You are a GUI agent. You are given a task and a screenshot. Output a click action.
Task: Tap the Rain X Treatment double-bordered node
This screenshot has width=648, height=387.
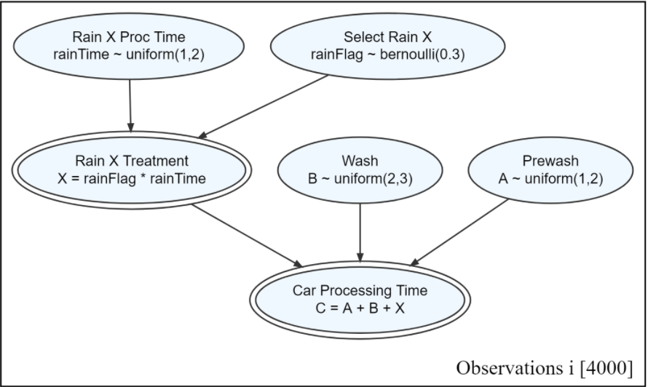pos(131,169)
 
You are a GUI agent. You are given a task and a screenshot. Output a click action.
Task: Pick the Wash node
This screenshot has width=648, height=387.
pos(360,169)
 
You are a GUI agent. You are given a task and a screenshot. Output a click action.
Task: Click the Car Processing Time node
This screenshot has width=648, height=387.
pos(360,299)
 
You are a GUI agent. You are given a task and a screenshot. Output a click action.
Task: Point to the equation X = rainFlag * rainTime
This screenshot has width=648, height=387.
pos(131,177)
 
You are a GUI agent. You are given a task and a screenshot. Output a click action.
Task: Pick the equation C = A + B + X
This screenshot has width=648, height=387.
pos(360,307)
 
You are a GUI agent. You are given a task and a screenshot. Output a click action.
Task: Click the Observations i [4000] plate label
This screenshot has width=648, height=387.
pos(540,367)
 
